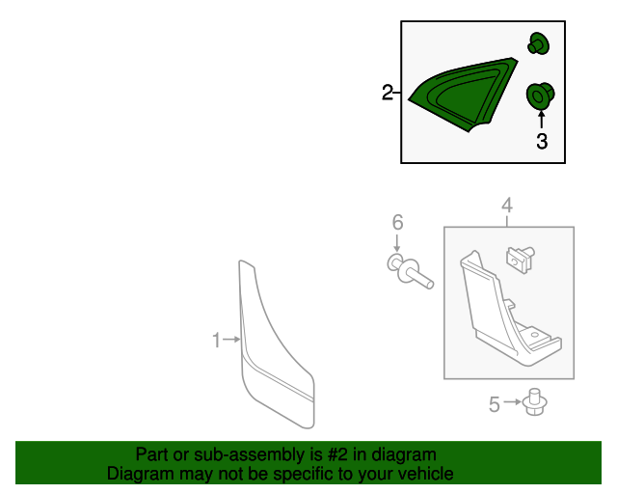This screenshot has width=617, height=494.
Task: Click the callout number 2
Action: click(388, 93)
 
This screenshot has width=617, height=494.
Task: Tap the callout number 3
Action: click(542, 141)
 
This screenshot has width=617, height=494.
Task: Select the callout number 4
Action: click(507, 206)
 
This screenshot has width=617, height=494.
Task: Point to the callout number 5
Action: click(495, 404)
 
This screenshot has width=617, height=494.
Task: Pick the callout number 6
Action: click(398, 222)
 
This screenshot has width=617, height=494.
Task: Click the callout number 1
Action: click(216, 340)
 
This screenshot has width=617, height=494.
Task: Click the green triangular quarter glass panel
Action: click(463, 95)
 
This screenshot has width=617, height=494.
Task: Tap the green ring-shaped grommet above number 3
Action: click(540, 96)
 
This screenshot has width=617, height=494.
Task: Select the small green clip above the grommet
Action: click(538, 43)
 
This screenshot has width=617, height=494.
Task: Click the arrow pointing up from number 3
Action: click(542, 120)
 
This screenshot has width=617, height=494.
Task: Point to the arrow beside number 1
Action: click(231, 340)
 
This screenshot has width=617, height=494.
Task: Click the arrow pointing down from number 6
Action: click(397, 243)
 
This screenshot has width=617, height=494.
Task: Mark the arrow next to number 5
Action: click(512, 402)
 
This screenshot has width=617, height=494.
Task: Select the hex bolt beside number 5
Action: click(535, 401)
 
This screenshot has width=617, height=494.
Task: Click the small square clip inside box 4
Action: click(520, 259)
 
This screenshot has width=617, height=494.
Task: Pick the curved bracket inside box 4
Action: click(510, 310)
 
